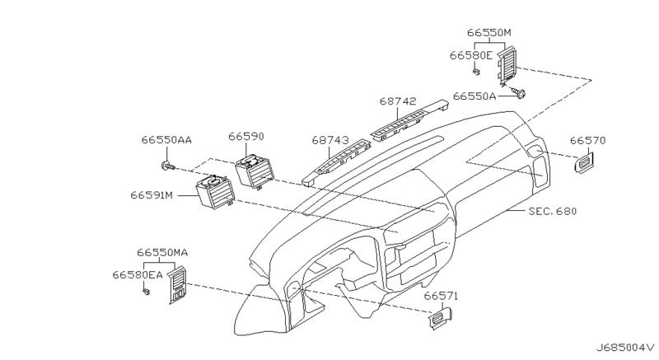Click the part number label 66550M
pyautogui.click(x=489, y=33)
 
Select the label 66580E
pyautogui.click(x=470, y=55)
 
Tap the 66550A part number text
pyautogui.click(x=474, y=96)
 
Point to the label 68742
pyautogui.click(x=398, y=101)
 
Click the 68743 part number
pyautogui.click(x=330, y=140)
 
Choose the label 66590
pyautogui.click(x=246, y=137)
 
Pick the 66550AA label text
pyautogui.click(x=166, y=140)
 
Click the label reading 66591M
pyautogui.click(x=152, y=195)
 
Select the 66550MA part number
pyautogui.click(x=162, y=252)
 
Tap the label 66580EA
pyautogui.click(x=137, y=274)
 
